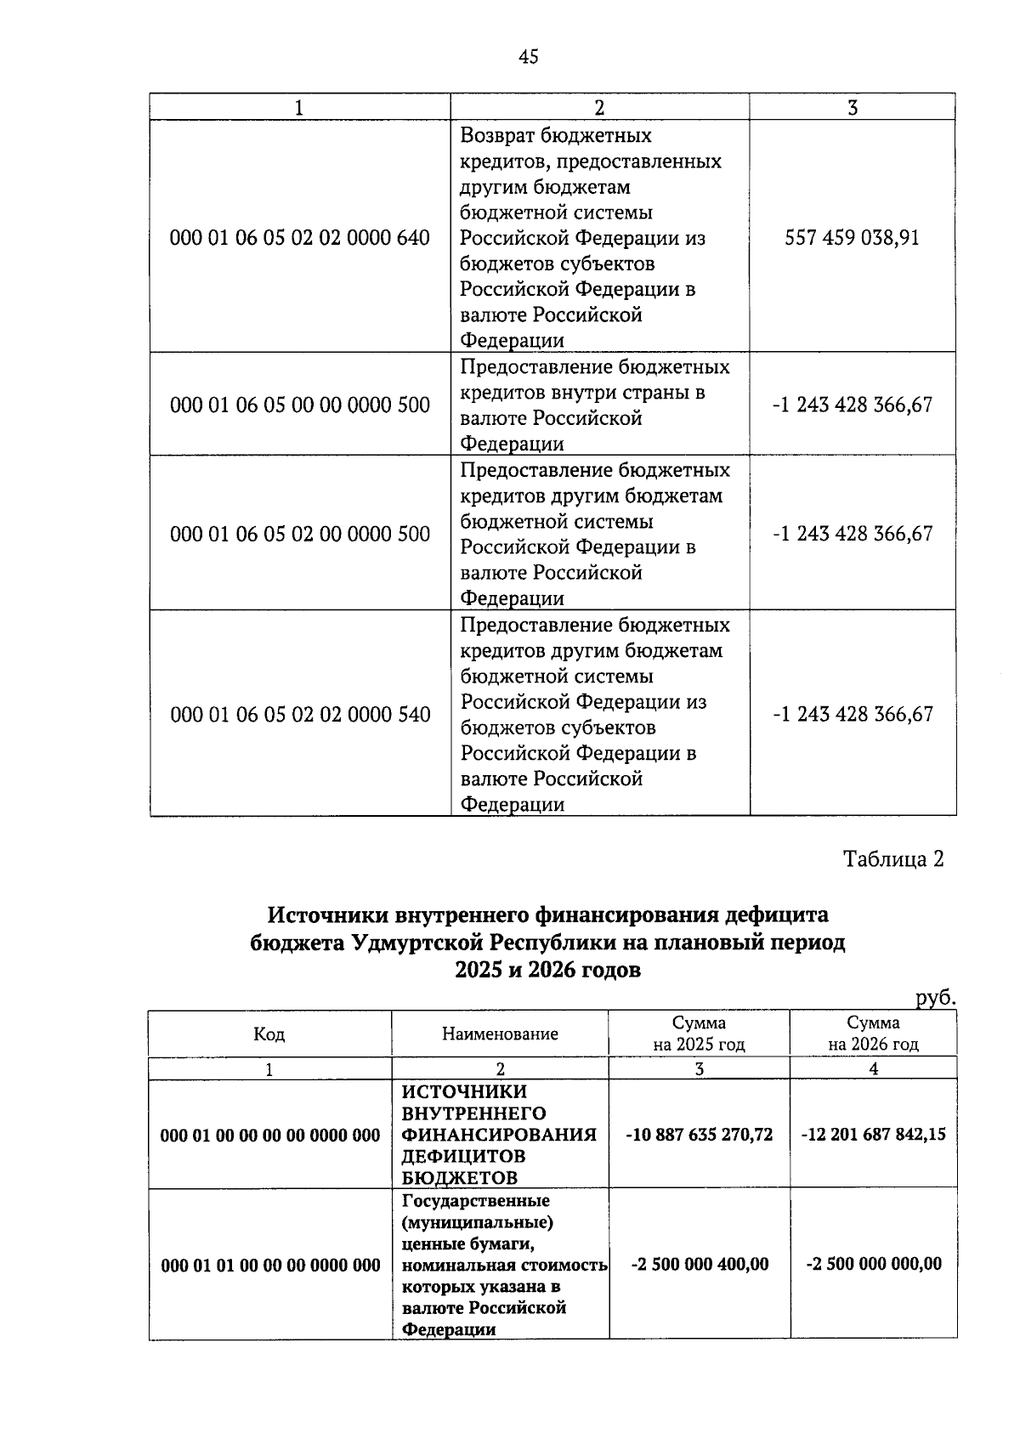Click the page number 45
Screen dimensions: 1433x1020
point(528,57)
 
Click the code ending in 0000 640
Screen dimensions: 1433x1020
point(300,238)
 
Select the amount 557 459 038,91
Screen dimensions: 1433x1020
point(852,238)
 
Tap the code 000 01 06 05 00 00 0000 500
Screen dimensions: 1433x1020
point(300,405)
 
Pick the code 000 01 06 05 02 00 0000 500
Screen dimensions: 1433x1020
point(300,534)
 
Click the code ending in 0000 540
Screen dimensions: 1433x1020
point(300,715)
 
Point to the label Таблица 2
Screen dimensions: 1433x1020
point(892,859)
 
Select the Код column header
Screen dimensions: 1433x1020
point(269,1034)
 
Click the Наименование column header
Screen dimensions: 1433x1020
point(500,1034)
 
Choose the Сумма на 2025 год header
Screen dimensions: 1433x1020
point(699,1034)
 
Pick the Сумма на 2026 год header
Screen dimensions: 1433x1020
point(873,1034)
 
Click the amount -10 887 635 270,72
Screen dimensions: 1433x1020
point(699,1135)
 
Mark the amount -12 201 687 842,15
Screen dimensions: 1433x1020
point(873,1135)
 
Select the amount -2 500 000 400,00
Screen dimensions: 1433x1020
point(699,1265)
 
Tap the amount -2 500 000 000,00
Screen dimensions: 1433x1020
point(873,1265)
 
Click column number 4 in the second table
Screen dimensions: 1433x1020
point(873,1069)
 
